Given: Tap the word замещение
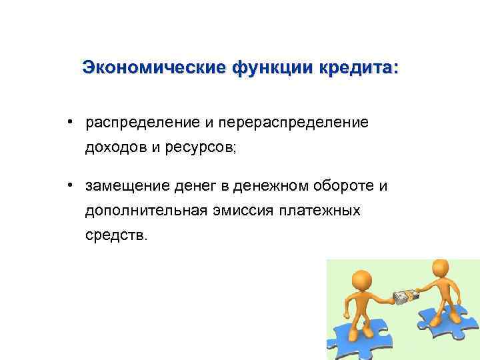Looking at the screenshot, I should (127, 185).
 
